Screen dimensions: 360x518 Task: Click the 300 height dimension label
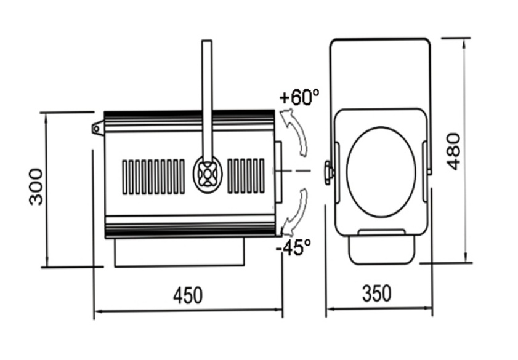coord(36,186)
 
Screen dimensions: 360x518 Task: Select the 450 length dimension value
coord(188,295)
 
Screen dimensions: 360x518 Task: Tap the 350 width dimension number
coord(377,294)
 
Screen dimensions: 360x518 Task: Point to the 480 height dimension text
coord(454,151)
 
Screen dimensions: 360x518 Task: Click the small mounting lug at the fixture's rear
coord(97,128)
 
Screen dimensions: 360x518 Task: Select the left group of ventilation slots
coord(153,177)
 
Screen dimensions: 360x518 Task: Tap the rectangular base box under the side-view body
coord(180,253)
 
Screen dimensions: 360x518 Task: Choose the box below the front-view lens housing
coord(381,247)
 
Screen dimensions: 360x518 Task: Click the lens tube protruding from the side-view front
coord(278,172)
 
